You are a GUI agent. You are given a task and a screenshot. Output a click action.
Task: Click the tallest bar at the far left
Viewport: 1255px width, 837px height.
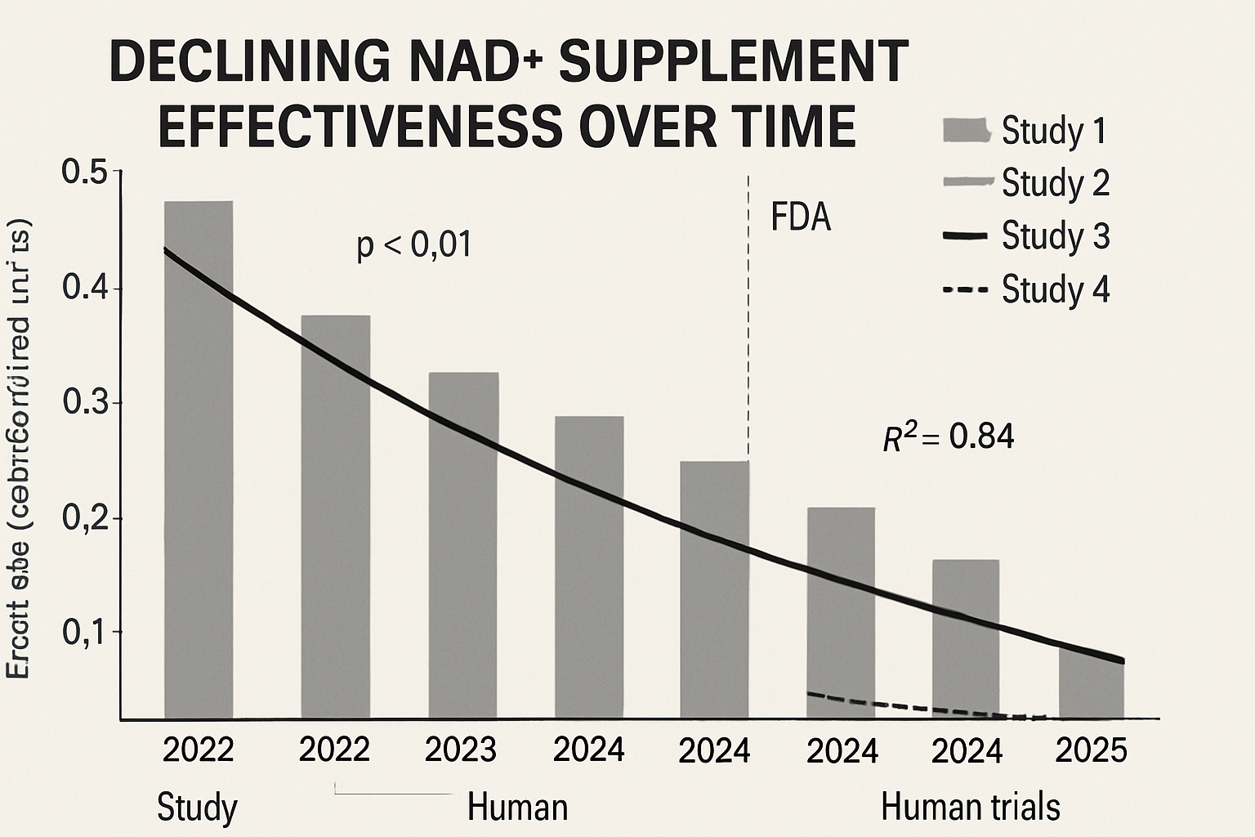click(199, 458)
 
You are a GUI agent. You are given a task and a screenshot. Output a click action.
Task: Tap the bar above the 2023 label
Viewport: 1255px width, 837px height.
click(463, 544)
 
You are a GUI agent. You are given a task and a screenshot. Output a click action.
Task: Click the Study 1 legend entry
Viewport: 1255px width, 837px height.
click(1026, 131)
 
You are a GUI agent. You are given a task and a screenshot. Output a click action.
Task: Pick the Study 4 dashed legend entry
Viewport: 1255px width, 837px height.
click(1026, 289)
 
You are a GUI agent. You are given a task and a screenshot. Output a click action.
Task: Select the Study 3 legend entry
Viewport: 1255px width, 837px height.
click(1026, 236)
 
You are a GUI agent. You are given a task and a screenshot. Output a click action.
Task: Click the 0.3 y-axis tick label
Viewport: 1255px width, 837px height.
click(84, 404)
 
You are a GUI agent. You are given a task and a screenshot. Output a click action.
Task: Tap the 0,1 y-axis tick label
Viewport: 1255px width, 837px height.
click(84, 632)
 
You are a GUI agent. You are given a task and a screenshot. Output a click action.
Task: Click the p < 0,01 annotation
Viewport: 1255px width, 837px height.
click(414, 245)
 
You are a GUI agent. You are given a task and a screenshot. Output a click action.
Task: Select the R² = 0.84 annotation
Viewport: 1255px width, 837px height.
click(949, 437)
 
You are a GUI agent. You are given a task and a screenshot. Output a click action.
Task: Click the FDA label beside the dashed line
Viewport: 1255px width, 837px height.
click(801, 218)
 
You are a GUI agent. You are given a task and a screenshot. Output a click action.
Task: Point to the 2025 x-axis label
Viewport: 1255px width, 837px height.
click(1091, 750)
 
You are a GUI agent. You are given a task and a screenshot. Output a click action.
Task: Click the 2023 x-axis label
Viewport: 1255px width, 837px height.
click(462, 750)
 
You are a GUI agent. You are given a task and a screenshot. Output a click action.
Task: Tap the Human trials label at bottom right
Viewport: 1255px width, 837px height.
click(971, 808)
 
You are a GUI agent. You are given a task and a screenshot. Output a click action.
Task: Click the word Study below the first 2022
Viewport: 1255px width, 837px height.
click(197, 808)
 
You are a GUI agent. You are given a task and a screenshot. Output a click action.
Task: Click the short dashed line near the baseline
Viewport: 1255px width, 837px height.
click(923, 707)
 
